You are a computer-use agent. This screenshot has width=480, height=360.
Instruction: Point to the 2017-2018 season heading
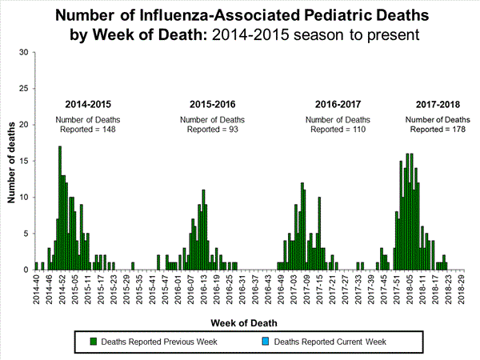438,105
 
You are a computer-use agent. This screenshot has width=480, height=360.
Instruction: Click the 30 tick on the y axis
24,53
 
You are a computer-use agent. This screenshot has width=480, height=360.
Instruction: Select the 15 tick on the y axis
24,162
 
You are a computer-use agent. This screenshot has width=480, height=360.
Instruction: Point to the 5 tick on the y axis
26,234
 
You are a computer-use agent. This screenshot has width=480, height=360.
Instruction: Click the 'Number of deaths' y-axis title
10,160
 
